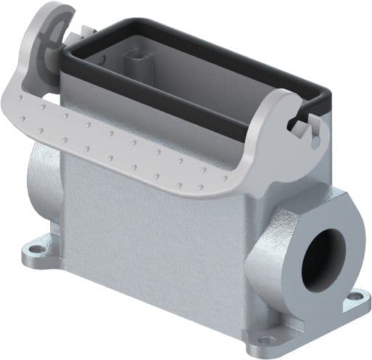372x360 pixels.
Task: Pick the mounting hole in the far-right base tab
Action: [x=355, y=297]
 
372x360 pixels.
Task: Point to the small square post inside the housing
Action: [x=135, y=60]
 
